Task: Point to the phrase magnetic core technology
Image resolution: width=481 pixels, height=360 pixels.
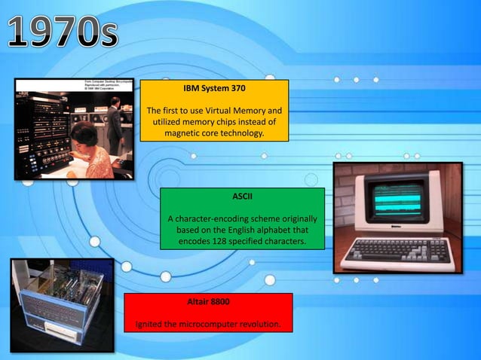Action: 215,133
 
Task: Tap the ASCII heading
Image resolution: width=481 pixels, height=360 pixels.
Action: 242,197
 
